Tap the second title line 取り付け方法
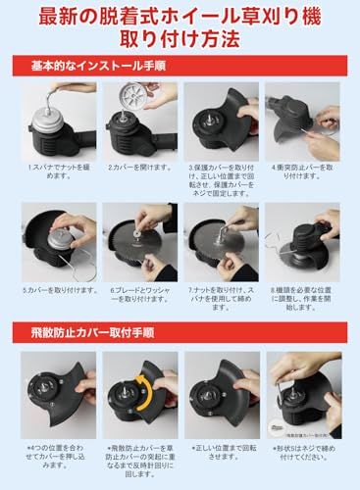click(180, 41)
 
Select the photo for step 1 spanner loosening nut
click(58, 120)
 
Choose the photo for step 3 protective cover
click(221, 120)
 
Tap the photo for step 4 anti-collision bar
click(302, 120)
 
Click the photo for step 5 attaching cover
click(58, 240)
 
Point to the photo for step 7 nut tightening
click(221, 240)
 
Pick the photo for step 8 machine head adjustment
click(302, 240)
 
